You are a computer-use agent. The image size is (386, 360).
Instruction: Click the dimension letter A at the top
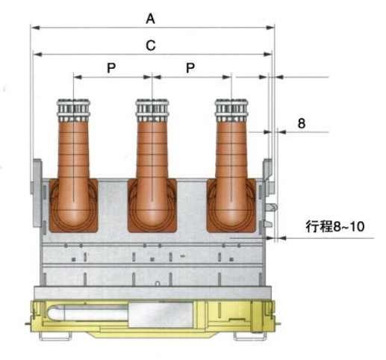[150, 19]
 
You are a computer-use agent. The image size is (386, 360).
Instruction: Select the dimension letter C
[151, 46]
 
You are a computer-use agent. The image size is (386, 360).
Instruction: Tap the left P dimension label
[111, 68]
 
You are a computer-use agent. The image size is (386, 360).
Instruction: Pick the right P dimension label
[190, 68]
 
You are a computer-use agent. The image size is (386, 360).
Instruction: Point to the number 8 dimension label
[302, 123]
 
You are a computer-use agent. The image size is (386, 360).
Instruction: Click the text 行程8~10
[335, 226]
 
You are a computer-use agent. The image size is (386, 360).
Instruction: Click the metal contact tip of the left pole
[73, 110]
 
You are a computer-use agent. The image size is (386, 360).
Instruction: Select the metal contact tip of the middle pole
[152, 110]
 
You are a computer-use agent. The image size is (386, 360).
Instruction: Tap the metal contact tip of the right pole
[231, 110]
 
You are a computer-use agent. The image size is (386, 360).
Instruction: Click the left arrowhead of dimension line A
[35, 28]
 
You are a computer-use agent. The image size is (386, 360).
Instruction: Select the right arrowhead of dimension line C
[268, 54]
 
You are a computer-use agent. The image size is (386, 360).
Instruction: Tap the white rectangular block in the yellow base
[161, 315]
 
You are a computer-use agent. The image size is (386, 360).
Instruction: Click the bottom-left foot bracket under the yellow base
[55, 337]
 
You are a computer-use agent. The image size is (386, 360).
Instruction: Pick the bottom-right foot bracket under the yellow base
[250, 337]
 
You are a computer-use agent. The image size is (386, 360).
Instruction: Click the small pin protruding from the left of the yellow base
[28, 323]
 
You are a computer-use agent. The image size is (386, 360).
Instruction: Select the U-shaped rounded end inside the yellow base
[54, 313]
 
